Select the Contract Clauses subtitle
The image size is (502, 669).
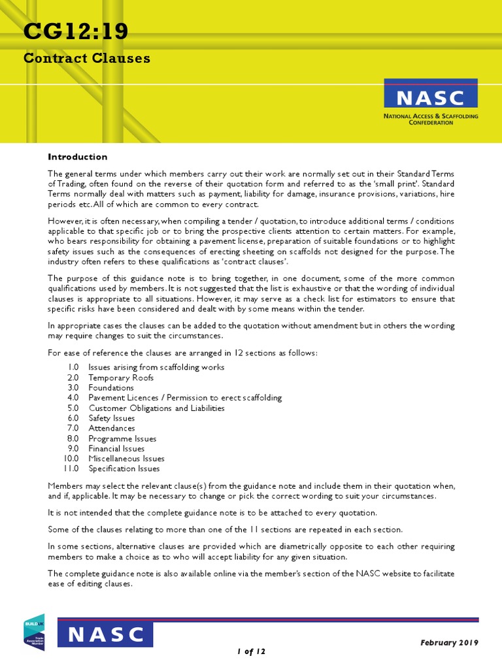pyautogui.click(x=87, y=58)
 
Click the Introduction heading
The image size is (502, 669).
pyautogui.click(x=78, y=157)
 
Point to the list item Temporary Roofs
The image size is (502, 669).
pyautogui.click(x=121, y=378)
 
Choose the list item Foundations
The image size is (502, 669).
pyautogui.click(x=111, y=387)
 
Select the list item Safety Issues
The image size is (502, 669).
pyautogui.click(x=112, y=418)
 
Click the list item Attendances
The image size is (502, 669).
pyautogui.click(x=112, y=429)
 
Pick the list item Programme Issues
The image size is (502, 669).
pyautogui.click(x=123, y=439)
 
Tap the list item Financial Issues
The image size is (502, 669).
pyautogui.click(x=117, y=449)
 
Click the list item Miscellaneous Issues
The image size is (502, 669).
pyautogui.click(x=127, y=459)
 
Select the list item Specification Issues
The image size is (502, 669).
pyautogui.click(x=124, y=468)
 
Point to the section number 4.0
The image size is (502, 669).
pyautogui.click(x=73, y=398)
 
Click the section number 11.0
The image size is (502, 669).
pyautogui.click(x=71, y=468)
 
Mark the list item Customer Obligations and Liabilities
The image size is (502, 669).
pyautogui.click(x=156, y=408)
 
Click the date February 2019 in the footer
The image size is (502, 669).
pyautogui.click(x=449, y=642)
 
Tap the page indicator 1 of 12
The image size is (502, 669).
pyautogui.click(x=251, y=651)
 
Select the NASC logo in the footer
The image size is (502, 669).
pyautogui.click(x=105, y=634)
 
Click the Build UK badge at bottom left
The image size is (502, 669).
pyautogui.click(x=34, y=632)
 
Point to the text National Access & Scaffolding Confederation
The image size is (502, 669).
pyautogui.click(x=430, y=119)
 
